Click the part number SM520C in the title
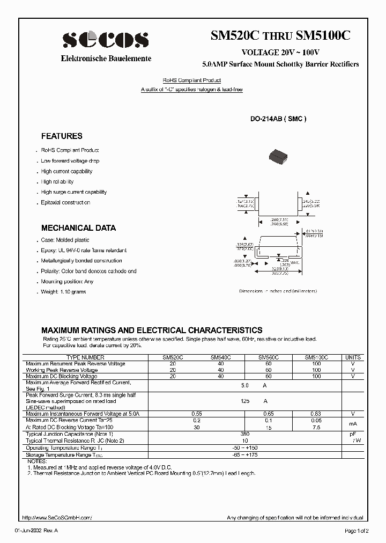point(235,36)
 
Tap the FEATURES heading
point(62,136)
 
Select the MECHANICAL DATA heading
point(78,228)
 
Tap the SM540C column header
point(220,357)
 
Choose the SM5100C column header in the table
point(316,357)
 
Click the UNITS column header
point(353,357)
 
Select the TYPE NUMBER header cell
point(85,357)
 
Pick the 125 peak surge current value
point(246,401)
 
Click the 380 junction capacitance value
point(246,434)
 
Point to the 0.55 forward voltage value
point(197,414)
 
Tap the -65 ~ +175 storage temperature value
point(246,454)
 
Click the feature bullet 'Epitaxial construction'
point(65,203)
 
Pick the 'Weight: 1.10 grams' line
point(63,292)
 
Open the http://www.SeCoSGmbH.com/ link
point(57,518)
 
